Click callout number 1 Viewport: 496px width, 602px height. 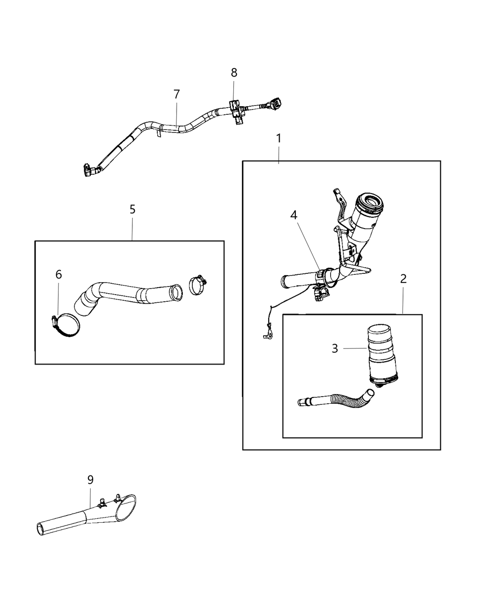pyautogui.click(x=279, y=138)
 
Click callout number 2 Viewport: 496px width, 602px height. pyautogui.click(x=403, y=279)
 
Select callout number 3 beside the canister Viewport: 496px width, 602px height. pyautogui.click(x=335, y=349)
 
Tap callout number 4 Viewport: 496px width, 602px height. pyautogui.click(x=294, y=215)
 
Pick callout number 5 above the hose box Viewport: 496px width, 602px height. pyautogui.click(x=132, y=209)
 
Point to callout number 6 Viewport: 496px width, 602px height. pyautogui.click(x=59, y=274)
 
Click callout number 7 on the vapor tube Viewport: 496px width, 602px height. pyautogui.click(x=177, y=94)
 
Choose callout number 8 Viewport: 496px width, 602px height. pyautogui.click(x=234, y=73)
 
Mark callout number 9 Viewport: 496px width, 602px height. pyautogui.click(x=90, y=480)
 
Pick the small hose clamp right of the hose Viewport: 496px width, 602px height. pyautogui.click(x=198, y=285)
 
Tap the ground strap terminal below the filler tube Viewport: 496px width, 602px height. pyautogui.click(x=267, y=336)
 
